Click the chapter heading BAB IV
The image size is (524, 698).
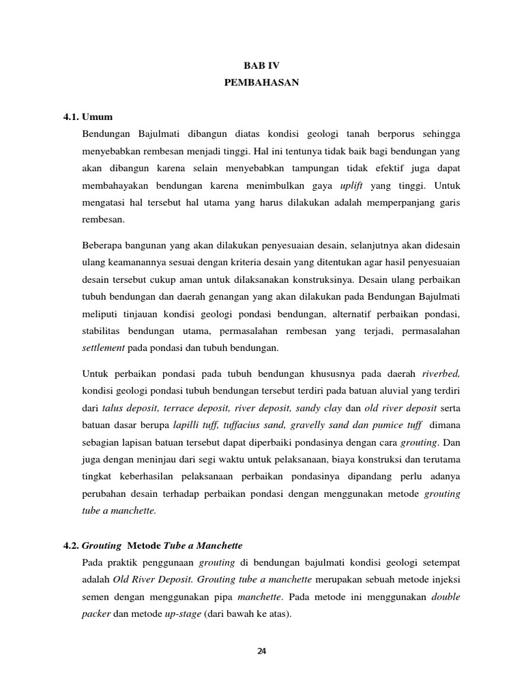pos(262,65)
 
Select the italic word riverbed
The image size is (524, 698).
pos(441,374)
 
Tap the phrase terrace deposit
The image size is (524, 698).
pos(196,409)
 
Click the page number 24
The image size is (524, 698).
pos(262,650)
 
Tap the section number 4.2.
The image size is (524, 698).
pos(72,546)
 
